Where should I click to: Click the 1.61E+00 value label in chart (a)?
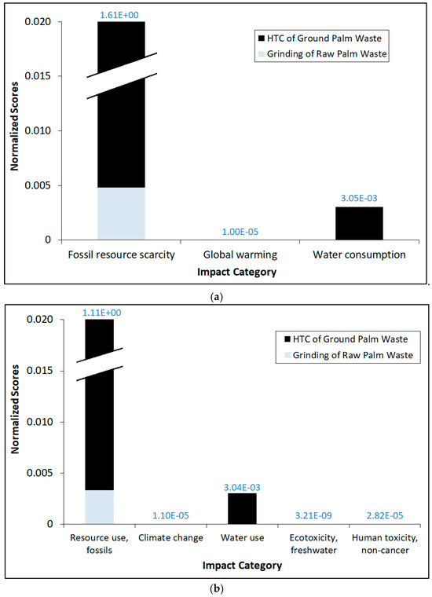(x=121, y=14)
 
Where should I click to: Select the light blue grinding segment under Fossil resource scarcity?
(x=121, y=214)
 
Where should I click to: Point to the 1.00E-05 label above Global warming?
(x=240, y=232)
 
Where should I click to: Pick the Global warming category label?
(x=240, y=255)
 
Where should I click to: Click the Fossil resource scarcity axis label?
(x=121, y=255)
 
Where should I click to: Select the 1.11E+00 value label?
(x=100, y=312)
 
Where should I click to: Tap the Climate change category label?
(x=170, y=538)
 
